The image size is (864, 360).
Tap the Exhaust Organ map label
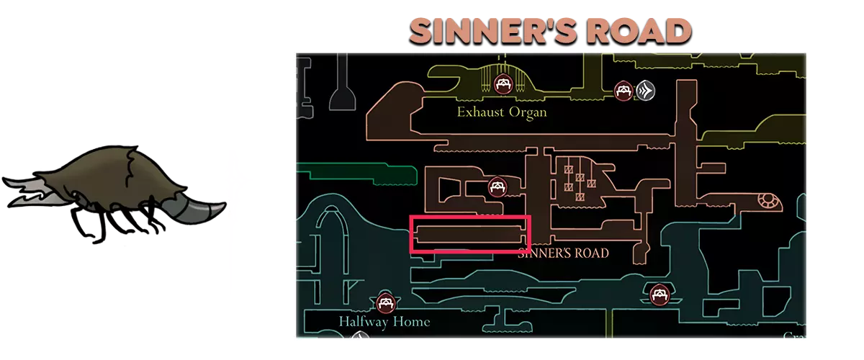(x=501, y=112)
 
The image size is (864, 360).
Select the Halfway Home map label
(x=384, y=321)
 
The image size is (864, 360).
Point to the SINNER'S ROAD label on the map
(x=563, y=253)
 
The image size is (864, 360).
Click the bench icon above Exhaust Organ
(x=503, y=84)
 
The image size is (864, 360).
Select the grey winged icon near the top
(x=645, y=91)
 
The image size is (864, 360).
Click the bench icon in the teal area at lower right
(x=658, y=294)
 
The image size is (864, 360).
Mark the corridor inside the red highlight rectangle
(x=469, y=234)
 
